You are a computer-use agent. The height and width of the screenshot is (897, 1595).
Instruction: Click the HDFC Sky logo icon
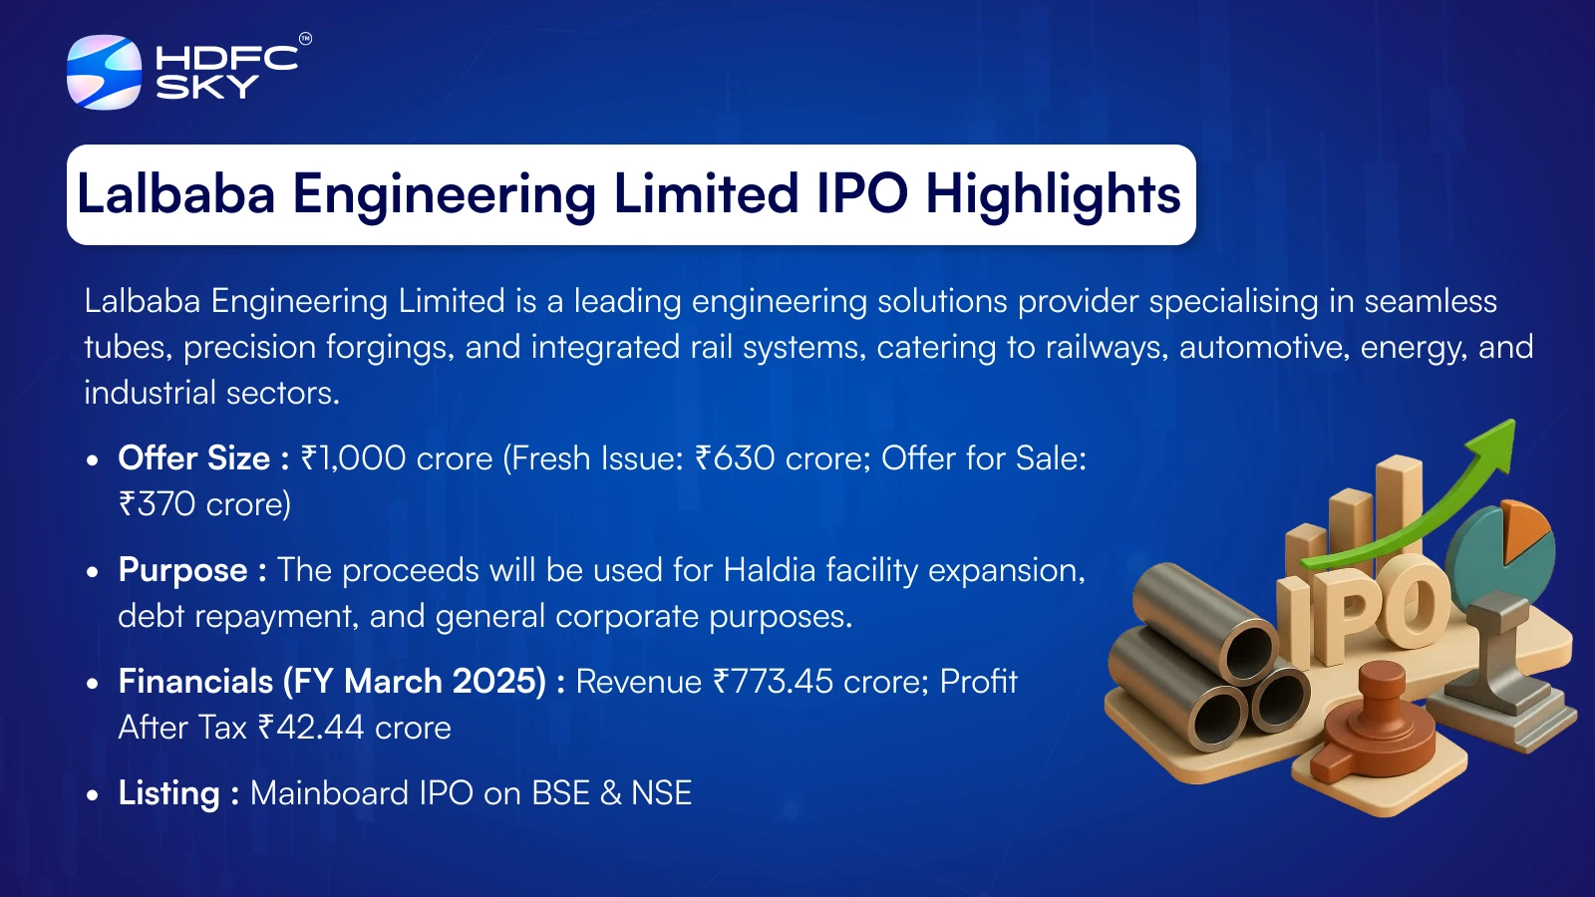pos(104,72)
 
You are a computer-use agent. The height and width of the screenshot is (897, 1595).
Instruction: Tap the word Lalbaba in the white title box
pos(175,193)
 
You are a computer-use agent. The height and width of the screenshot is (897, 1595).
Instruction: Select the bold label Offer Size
pos(193,457)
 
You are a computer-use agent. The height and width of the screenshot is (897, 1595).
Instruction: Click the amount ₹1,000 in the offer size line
pos(353,458)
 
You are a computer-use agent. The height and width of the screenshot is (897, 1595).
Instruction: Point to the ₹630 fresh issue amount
pos(735,457)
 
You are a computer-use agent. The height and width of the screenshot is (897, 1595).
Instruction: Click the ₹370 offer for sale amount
pos(157,504)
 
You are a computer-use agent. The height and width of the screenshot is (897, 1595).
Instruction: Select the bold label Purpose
pos(183,570)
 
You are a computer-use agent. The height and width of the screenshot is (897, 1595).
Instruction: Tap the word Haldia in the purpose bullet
pos(769,569)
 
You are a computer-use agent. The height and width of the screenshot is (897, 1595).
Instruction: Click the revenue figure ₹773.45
pos(774,682)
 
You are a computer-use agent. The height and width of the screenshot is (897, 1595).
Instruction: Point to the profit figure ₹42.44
pos(311,728)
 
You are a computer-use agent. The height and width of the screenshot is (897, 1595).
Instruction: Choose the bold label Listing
pos(168,793)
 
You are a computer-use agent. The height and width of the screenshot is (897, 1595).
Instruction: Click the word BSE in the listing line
pos(561,793)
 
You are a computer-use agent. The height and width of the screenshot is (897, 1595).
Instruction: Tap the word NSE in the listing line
pos(662,793)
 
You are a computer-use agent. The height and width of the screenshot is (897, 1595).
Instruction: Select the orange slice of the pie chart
pos(1526,529)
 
